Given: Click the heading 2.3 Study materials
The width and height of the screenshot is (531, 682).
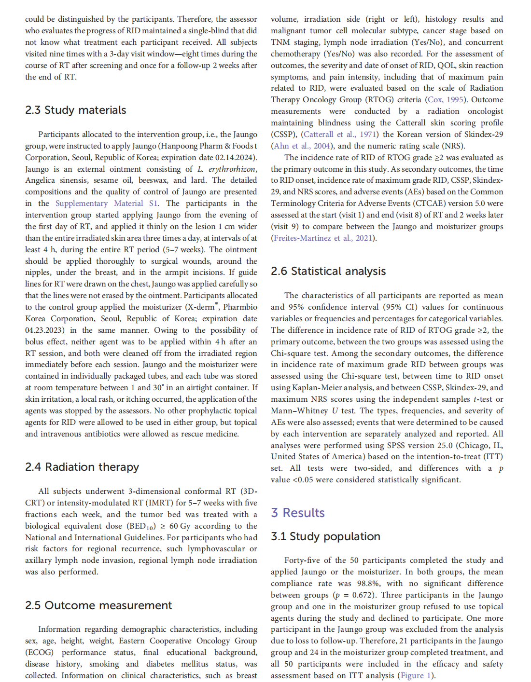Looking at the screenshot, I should pyautogui.click(x=75, y=110).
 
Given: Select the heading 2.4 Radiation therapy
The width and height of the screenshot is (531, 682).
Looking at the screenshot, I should pyautogui.click(x=82, y=467).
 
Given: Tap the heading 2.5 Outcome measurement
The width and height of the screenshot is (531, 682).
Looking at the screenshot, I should pyautogui.click(x=98, y=605).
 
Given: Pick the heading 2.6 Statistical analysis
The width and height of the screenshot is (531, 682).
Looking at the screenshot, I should pyautogui.click(x=328, y=271).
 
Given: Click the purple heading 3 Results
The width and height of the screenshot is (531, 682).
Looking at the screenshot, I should pyautogui.click(x=298, y=513).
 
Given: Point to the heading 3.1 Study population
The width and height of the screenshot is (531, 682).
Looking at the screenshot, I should pyautogui.click(x=325, y=536).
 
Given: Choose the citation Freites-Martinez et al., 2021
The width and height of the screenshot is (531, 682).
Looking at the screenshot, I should pyautogui.click(x=323, y=238).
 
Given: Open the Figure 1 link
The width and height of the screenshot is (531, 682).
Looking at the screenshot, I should pyautogui.click(x=416, y=676).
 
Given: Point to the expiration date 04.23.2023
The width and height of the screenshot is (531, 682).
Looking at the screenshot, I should pyautogui.click(x=46, y=330).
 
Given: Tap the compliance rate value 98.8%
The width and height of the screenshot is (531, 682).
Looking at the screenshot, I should pyautogui.click(x=368, y=584).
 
